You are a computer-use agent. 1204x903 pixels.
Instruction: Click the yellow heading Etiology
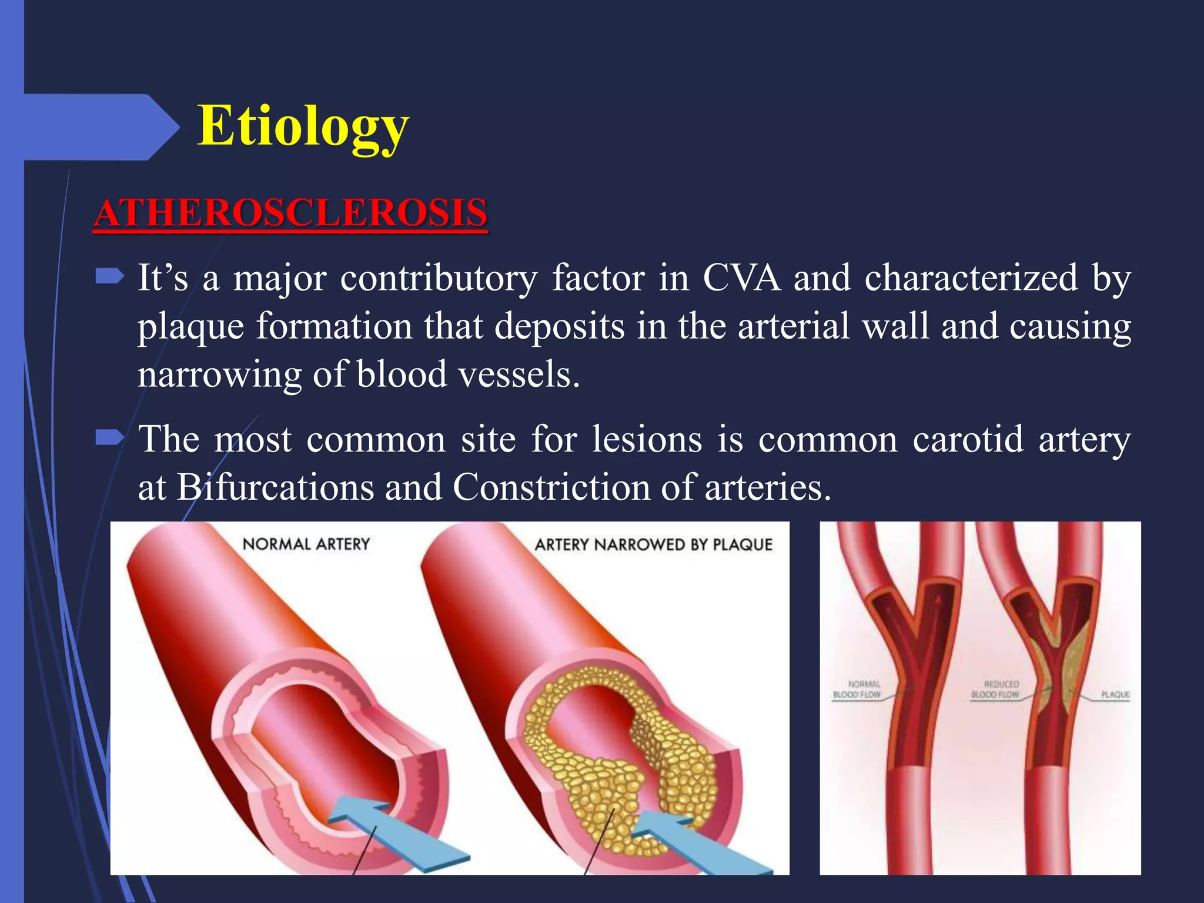[303, 126]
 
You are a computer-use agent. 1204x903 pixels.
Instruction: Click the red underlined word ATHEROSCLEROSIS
[290, 213]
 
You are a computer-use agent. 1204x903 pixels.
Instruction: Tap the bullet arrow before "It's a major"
[109, 276]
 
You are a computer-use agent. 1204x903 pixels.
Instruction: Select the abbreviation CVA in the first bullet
[742, 277]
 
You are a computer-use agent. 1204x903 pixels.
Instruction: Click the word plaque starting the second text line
[190, 327]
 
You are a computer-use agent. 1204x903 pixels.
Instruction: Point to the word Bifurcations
[275, 487]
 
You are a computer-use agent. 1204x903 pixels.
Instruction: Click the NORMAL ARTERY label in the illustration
[306, 544]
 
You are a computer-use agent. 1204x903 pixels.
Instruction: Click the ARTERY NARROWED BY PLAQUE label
[653, 544]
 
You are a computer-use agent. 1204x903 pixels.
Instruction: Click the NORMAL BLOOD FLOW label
[857, 689]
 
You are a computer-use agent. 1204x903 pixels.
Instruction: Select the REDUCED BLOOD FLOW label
[995, 689]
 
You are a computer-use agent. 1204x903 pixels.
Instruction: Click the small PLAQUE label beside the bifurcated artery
[1115, 694]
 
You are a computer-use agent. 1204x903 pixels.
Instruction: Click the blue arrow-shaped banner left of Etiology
[100, 126]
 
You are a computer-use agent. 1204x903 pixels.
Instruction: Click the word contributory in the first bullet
[438, 277]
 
